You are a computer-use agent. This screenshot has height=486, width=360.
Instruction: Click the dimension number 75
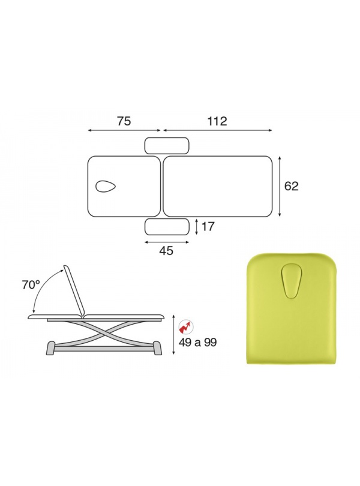point(124,121)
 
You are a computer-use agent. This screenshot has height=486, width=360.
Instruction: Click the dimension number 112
point(217,121)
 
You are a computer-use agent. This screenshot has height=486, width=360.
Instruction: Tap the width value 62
point(291,186)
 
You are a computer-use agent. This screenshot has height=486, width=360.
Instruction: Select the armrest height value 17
point(208,227)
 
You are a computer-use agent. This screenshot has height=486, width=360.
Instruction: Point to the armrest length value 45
point(166,251)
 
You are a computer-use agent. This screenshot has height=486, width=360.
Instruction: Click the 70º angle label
point(31,284)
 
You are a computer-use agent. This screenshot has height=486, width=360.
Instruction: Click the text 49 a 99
point(197,343)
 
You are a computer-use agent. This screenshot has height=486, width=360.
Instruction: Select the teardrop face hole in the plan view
point(106,186)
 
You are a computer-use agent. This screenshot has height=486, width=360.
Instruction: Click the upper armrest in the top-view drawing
point(167,146)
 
